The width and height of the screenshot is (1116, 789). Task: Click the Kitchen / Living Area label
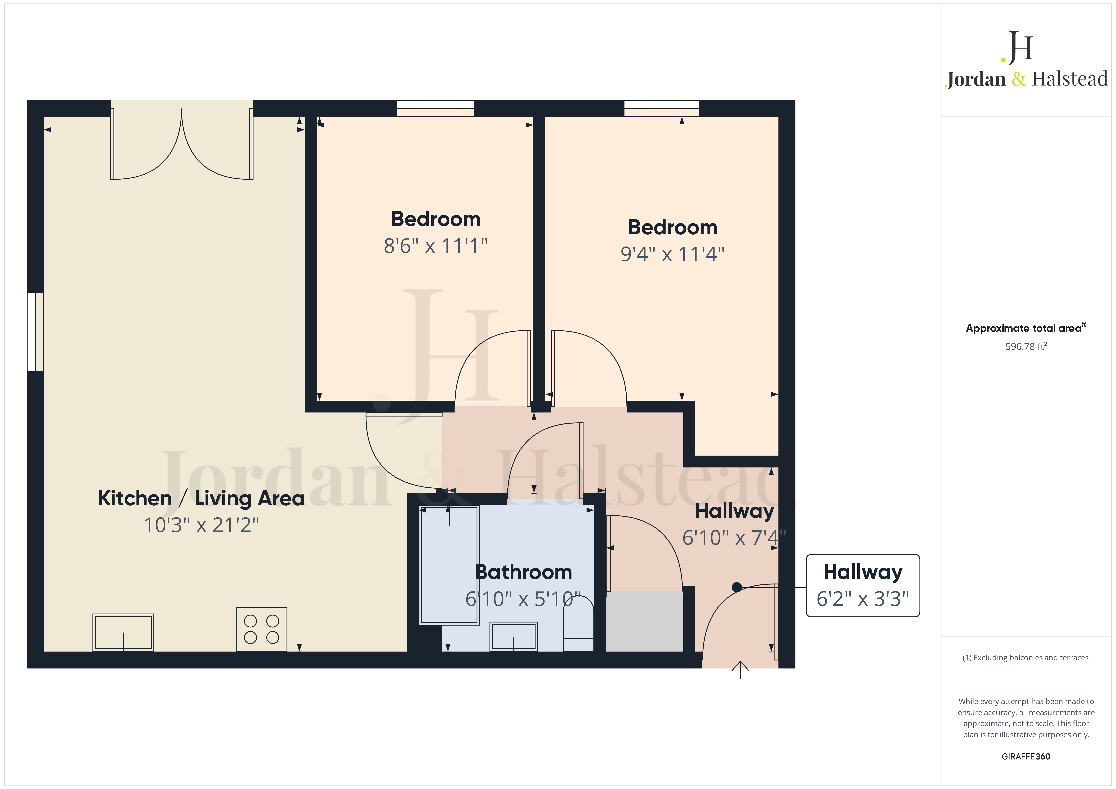[201, 498]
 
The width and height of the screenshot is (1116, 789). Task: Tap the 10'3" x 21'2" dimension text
[201, 525]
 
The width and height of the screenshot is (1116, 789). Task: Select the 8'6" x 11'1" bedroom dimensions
[436, 246]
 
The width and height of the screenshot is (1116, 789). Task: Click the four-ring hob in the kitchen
[262, 629]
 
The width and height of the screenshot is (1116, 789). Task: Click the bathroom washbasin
[514, 636]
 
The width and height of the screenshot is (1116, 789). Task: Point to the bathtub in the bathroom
[449, 565]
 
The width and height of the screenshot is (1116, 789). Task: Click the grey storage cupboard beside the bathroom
[645, 621]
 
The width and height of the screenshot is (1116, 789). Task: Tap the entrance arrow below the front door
[740, 670]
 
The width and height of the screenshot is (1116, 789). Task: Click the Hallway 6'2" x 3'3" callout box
[863, 585]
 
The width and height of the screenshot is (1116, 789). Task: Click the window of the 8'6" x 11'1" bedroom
[436, 108]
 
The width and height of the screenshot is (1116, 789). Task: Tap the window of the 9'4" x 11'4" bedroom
[662, 108]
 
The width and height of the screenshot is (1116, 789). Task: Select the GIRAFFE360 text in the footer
[1026, 756]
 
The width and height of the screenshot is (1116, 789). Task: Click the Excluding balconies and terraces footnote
[1026, 658]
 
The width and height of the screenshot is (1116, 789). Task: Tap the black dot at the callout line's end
[737, 587]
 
